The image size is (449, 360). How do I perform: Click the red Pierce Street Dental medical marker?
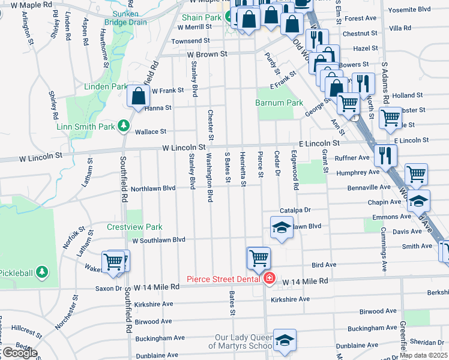point(269,278)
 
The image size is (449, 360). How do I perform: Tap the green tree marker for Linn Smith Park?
point(123,126)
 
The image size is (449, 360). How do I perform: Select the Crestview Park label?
point(127,227)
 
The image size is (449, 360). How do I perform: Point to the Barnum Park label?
point(279,103)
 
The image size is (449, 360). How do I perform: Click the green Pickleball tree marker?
point(41,272)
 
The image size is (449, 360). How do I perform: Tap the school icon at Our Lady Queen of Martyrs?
point(285,340)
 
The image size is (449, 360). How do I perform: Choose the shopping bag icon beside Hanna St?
point(138,96)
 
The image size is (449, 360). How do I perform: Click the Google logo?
point(19,353)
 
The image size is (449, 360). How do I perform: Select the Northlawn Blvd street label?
point(153,188)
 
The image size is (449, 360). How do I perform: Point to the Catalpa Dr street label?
point(295,211)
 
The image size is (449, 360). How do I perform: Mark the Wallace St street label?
point(150,131)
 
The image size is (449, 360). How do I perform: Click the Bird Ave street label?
point(324,264)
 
